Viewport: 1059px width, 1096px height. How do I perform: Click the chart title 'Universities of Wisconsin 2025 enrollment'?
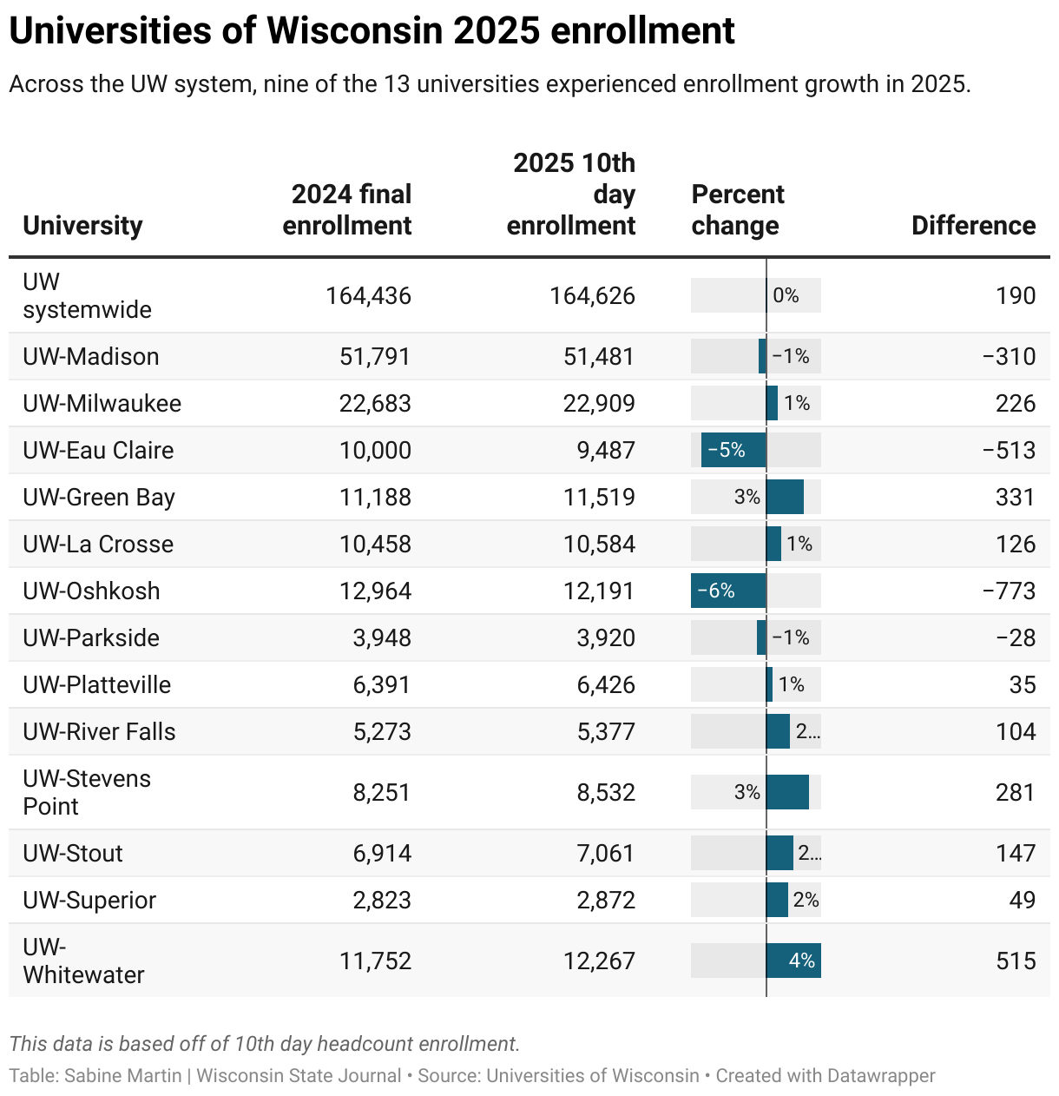coord(372,31)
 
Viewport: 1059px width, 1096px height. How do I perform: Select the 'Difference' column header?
coord(973,226)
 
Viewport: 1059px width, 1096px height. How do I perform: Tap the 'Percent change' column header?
coord(737,210)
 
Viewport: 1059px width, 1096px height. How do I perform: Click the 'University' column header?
coord(82,226)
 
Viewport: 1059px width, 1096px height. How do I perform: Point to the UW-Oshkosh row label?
coord(91,591)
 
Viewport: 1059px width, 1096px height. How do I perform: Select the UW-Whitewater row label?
coord(83,961)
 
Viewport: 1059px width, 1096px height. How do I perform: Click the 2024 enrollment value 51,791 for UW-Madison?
coord(375,357)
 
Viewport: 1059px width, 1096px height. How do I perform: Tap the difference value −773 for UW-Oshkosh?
coord(1009,591)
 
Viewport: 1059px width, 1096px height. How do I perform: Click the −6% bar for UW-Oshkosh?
coord(728,591)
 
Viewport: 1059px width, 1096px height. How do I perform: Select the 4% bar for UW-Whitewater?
coord(793,961)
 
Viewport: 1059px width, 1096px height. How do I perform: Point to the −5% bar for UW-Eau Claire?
coord(733,451)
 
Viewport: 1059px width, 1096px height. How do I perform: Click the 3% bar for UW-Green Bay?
coord(785,498)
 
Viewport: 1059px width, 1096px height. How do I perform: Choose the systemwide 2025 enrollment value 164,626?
coord(592,296)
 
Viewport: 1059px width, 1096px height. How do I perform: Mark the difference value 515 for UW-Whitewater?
coord(1015,961)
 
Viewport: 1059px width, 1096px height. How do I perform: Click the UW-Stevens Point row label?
coord(87,792)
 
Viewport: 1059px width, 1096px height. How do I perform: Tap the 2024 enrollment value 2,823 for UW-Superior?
coord(382,901)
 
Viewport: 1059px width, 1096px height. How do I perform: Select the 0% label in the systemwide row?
coord(786,296)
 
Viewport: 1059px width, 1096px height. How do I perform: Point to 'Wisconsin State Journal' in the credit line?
coord(299,1076)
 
